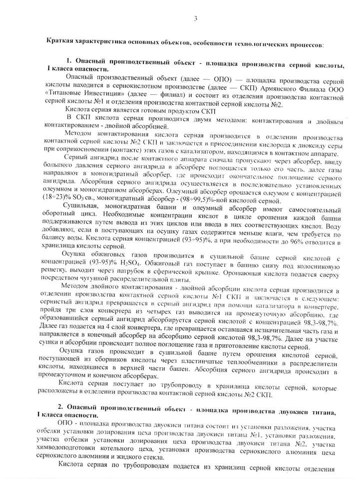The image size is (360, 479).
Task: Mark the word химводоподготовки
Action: tap(69, 449)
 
